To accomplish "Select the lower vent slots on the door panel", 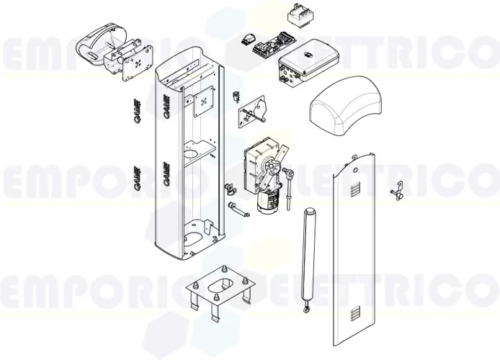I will (x=351, y=314).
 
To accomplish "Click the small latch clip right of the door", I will (x=395, y=192).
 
